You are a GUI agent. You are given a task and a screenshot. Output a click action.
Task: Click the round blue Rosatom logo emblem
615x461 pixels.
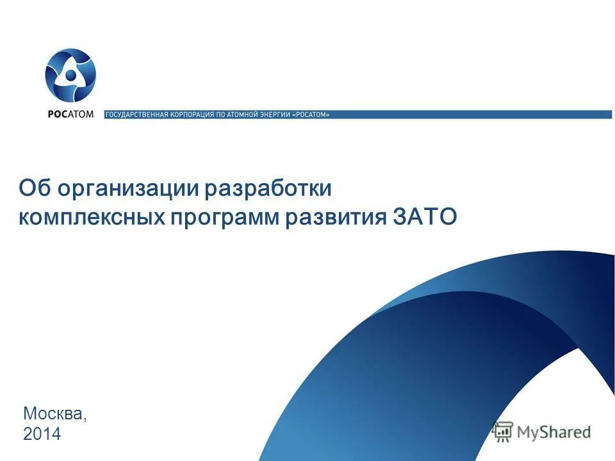(70, 76)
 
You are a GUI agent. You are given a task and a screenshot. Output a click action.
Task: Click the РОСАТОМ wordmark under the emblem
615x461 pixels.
(70, 115)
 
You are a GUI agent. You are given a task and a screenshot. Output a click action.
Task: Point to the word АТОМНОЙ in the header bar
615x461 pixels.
(241, 115)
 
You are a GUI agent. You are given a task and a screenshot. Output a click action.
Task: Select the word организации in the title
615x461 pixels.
(128, 190)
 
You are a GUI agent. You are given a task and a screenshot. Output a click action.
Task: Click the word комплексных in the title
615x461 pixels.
(90, 217)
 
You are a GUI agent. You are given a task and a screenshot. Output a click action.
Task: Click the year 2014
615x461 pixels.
(42, 434)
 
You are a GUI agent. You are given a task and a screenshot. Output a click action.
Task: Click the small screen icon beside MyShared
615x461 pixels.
(504, 431)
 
